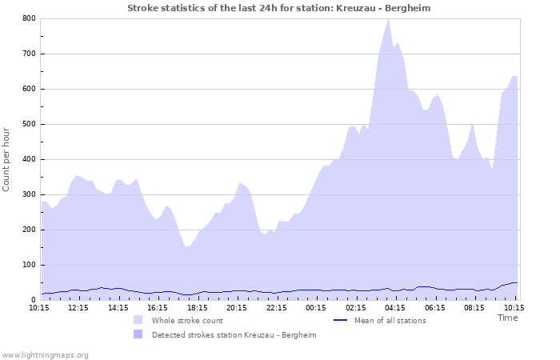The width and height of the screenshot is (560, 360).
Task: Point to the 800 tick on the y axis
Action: [x=29, y=18]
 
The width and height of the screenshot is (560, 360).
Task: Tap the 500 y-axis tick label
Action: [x=29, y=124]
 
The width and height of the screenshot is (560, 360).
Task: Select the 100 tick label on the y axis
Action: [x=29, y=265]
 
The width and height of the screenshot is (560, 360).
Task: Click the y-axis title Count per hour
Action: [x=7, y=159]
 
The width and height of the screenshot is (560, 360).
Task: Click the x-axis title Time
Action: [x=507, y=318]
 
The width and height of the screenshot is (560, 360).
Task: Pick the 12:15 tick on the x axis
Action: [x=78, y=307]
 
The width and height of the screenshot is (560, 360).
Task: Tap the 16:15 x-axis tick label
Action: [x=158, y=307]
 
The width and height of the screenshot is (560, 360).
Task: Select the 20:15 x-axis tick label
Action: [x=237, y=307]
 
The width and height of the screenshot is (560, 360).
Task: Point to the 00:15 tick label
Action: [x=316, y=307]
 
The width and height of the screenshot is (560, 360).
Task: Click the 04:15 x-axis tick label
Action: [x=395, y=307]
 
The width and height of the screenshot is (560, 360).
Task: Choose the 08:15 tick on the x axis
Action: [x=474, y=307]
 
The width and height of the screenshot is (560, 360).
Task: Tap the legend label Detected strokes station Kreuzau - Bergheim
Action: [x=234, y=335]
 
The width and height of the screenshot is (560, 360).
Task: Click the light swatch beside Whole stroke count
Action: [x=138, y=321]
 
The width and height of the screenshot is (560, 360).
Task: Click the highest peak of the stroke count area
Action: [x=389, y=19]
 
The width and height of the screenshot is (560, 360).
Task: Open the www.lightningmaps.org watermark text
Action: [x=45, y=354]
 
